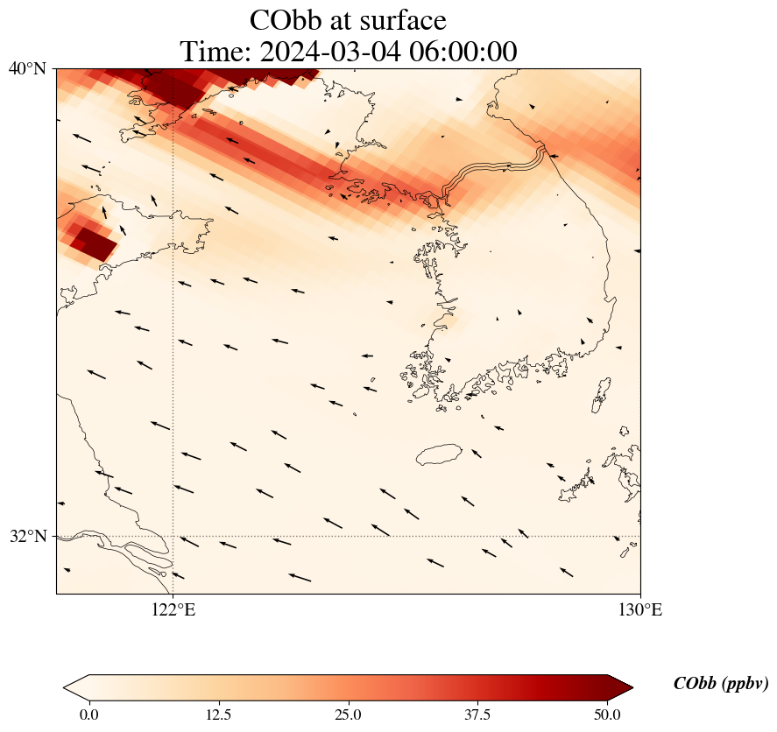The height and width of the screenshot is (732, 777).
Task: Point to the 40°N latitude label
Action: pos(27,68)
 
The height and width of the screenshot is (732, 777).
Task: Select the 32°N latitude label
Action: pos(27,536)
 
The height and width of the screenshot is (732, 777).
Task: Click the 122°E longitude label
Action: pos(173,610)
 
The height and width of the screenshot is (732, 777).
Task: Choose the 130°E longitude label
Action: pos(640,610)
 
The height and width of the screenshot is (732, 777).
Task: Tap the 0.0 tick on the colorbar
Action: pos(88,714)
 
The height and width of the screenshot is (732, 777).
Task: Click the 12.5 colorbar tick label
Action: pos(218,714)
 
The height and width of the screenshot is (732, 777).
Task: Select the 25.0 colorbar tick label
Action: pos(348,714)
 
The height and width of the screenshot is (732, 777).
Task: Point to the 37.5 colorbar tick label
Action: pos(477,714)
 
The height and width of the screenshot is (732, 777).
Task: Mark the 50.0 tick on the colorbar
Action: pos(607,714)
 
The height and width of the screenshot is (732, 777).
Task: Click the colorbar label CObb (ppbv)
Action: pos(721,684)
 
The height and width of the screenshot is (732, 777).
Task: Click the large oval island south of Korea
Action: pos(439,454)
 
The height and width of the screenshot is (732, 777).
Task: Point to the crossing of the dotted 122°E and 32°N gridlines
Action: pos(173,536)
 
